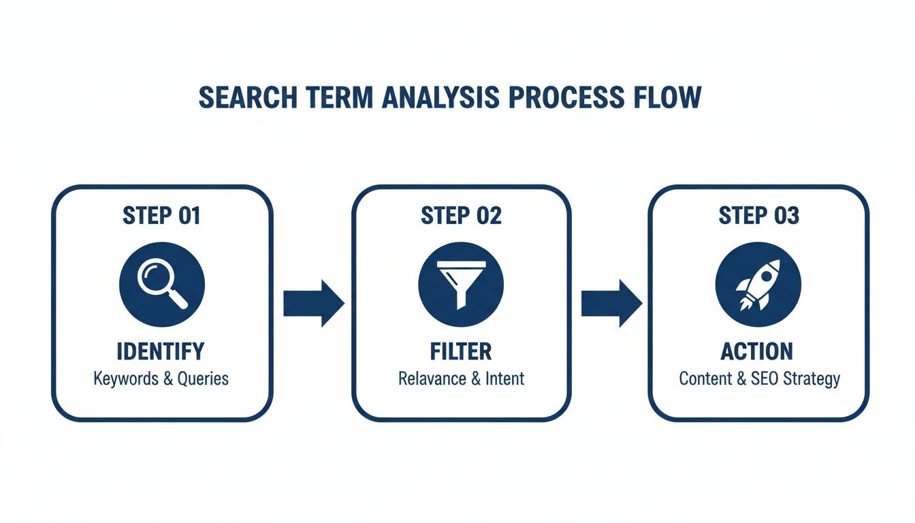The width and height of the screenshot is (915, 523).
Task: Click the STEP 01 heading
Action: point(161,216)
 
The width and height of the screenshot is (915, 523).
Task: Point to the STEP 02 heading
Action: point(461,216)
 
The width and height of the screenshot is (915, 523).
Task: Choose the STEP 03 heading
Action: point(758,216)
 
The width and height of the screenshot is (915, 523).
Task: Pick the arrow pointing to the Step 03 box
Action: point(611,302)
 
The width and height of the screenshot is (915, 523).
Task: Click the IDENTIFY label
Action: point(161,351)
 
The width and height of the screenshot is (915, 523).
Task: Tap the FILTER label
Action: point(461,351)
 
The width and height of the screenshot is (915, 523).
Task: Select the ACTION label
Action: point(757,351)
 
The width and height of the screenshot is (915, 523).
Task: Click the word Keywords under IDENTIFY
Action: point(125,379)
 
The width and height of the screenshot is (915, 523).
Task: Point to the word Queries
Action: point(203,379)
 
